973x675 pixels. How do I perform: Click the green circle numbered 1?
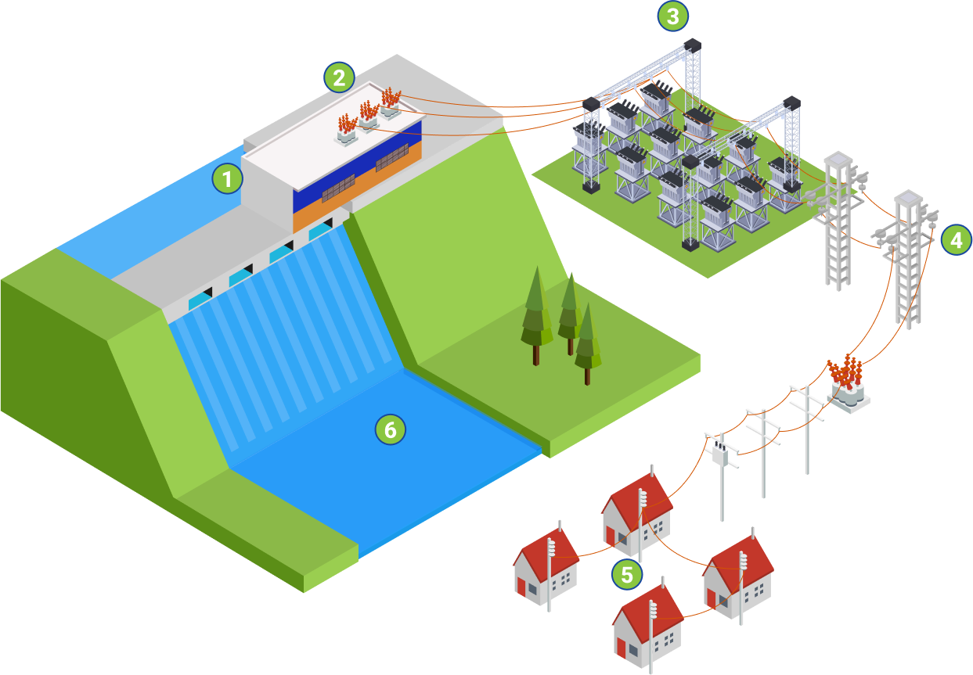[x=227, y=179]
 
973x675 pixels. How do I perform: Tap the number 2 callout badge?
[x=339, y=77]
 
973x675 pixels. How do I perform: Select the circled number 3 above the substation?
[x=672, y=15]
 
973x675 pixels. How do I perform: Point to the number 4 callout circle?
[x=956, y=240]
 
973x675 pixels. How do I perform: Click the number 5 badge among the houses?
[x=627, y=575]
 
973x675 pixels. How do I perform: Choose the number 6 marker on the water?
[x=390, y=429]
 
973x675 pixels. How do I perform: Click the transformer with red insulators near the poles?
[x=847, y=383]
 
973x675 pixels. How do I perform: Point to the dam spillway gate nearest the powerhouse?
[x=320, y=231]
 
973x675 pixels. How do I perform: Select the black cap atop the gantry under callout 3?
[x=692, y=45]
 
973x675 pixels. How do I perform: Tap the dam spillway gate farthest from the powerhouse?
[x=200, y=299]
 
